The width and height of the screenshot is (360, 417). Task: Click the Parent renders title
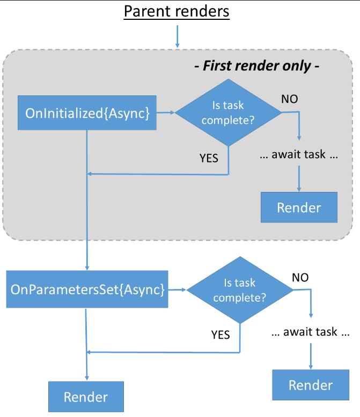click(177, 11)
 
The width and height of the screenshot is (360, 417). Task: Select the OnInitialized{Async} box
click(87, 113)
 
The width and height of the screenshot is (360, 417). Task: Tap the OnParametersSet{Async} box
click(87, 289)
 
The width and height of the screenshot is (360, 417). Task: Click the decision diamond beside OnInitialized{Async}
click(228, 113)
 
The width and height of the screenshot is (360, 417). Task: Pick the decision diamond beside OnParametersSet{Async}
click(240, 290)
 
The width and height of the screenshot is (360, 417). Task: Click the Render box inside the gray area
click(299, 207)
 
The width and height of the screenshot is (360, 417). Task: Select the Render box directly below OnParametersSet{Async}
click(86, 397)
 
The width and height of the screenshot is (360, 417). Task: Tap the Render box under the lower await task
click(311, 385)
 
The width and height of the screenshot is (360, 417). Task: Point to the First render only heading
click(257, 66)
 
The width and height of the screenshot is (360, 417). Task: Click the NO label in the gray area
click(290, 99)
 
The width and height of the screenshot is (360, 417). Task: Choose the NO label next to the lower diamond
click(300, 278)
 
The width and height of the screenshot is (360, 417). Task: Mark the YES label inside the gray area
click(209, 158)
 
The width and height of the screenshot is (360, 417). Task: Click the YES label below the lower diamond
click(221, 335)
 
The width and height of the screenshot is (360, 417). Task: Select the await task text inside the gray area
click(299, 154)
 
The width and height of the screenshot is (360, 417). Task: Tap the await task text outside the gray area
click(311, 332)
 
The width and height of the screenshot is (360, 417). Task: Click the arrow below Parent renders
click(178, 36)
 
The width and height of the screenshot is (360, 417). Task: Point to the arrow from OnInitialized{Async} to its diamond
click(166, 113)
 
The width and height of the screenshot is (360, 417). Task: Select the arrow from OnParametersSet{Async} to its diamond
click(178, 289)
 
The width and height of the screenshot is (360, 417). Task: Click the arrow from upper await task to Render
click(299, 178)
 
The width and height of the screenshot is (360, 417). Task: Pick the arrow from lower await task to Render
click(311, 356)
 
